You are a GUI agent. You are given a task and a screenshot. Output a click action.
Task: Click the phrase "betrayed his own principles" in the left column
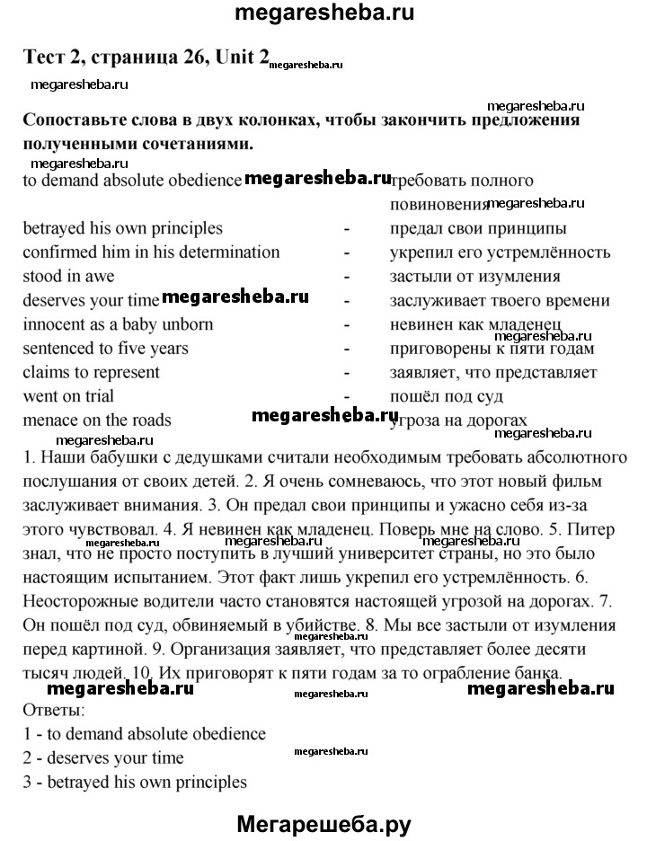click(x=122, y=229)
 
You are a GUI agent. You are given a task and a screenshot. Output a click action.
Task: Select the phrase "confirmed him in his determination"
click(x=151, y=252)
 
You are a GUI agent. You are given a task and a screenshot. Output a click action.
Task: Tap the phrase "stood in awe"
click(x=68, y=277)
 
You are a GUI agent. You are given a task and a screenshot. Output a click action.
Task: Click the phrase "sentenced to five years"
click(x=105, y=348)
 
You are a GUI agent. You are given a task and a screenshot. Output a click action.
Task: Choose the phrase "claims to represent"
click(x=91, y=372)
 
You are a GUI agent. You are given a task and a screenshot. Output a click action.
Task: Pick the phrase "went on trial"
click(x=68, y=395)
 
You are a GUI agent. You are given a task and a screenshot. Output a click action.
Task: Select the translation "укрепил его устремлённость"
click(x=500, y=252)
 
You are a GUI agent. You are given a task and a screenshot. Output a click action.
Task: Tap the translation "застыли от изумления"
click(x=475, y=277)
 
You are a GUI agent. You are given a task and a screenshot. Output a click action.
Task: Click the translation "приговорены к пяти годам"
click(x=492, y=348)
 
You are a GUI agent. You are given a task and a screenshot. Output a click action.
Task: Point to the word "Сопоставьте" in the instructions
click(x=82, y=120)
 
